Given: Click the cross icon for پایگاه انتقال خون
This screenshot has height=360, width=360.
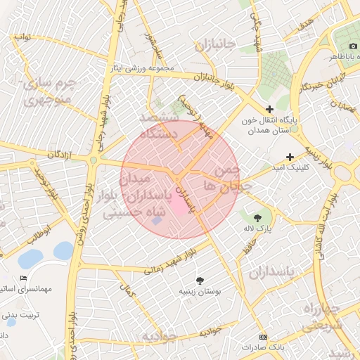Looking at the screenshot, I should [269, 109].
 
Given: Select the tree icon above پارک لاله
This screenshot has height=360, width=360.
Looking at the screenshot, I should [258, 217].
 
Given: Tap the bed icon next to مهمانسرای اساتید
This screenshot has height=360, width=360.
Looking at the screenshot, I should [23, 278].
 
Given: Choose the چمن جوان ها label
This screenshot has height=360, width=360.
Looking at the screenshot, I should [221, 178].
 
